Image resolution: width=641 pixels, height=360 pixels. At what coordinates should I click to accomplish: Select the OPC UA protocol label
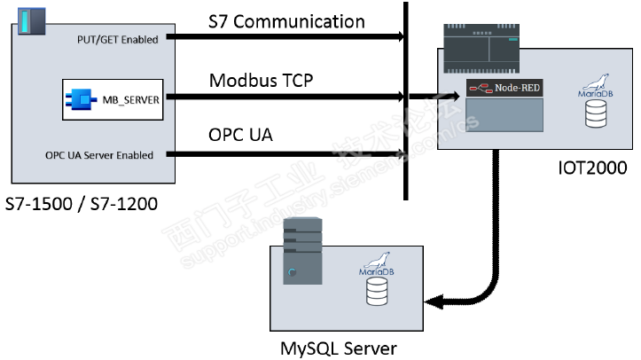pyautogui.click(x=240, y=136)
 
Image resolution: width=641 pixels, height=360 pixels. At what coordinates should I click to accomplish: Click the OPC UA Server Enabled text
pyautogui.click(x=99, y=155)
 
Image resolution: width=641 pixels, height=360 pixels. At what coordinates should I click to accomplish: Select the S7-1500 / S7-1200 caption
pyautogui.click(x=81, y=205)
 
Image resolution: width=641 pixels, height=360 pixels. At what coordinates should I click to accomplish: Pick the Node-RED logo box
pyautogui.click(x=504, y=89)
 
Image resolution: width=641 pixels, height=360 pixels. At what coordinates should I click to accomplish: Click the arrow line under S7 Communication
pyautogui.click(x=284, y=37)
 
